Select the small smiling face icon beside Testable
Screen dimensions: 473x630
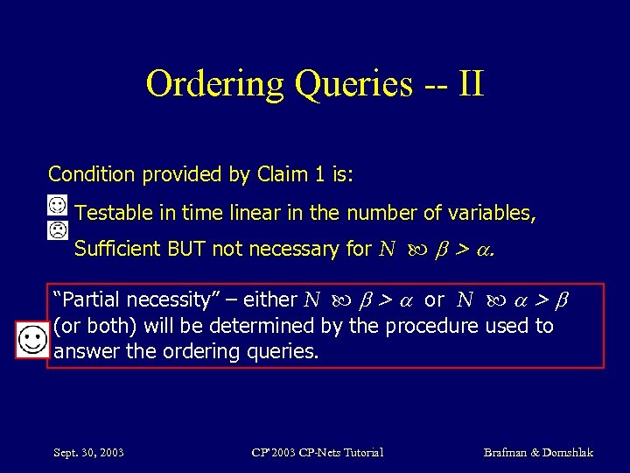point(57,205)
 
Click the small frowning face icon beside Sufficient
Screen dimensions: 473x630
point(57,231)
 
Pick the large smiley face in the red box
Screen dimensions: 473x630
point(31,339)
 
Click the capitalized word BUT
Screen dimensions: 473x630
point(189,249)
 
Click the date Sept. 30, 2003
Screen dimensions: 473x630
point(87,452)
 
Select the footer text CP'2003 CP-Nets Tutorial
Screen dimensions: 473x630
point(317,452)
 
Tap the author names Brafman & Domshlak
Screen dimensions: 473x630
point(538,452)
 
